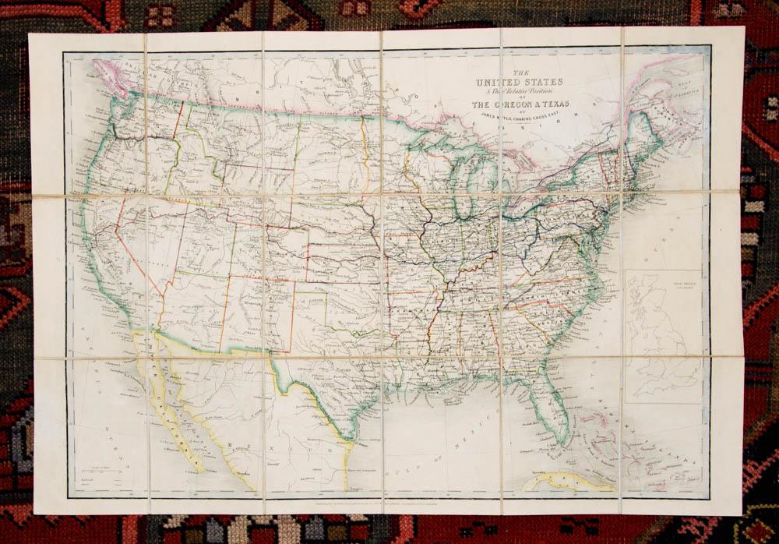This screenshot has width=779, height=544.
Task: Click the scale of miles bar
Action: (97, 475)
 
